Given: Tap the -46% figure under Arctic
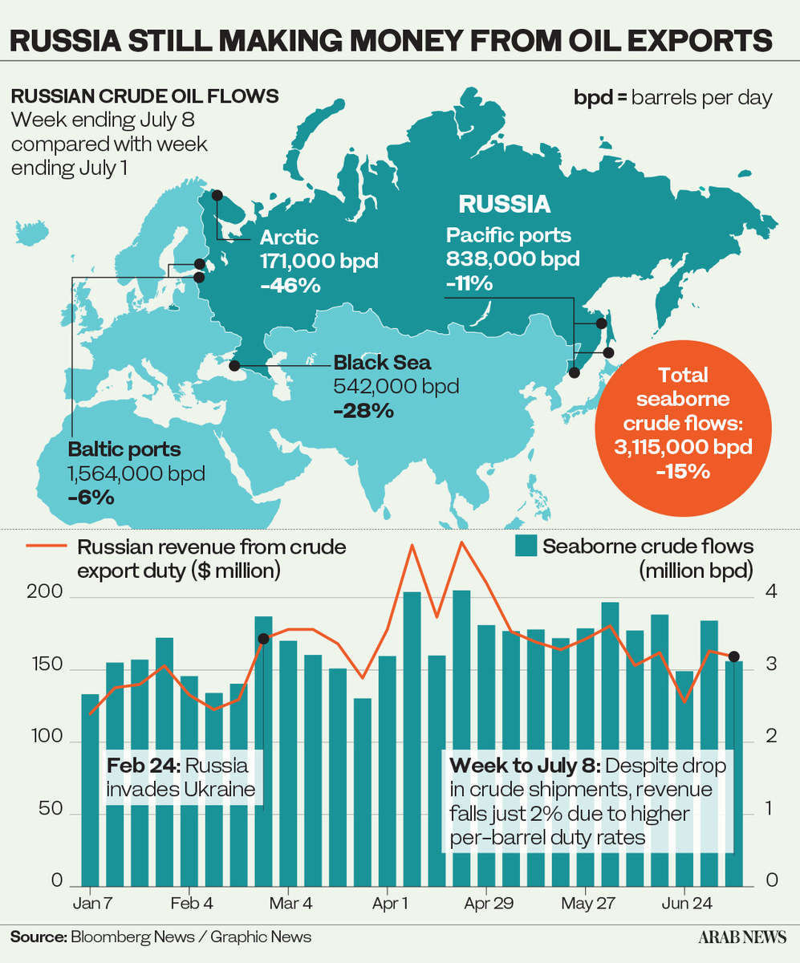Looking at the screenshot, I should coord(290,285).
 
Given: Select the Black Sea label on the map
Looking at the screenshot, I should coord(371,361).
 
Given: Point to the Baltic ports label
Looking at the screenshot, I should coord(124,449).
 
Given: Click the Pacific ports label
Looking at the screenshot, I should coord(509,235).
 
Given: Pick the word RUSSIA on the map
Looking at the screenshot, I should coord(505,204).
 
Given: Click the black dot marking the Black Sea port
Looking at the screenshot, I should coord(234,366).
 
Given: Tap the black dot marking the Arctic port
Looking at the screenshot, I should coord(217,195).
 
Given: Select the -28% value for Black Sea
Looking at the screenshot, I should coord(363,411).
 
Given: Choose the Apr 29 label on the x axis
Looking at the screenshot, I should coord(488,904).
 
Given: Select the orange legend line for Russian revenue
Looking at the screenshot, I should coord(47,547).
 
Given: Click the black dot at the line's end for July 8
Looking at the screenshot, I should coord(733,656).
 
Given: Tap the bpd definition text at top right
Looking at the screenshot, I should coord(672,98).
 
